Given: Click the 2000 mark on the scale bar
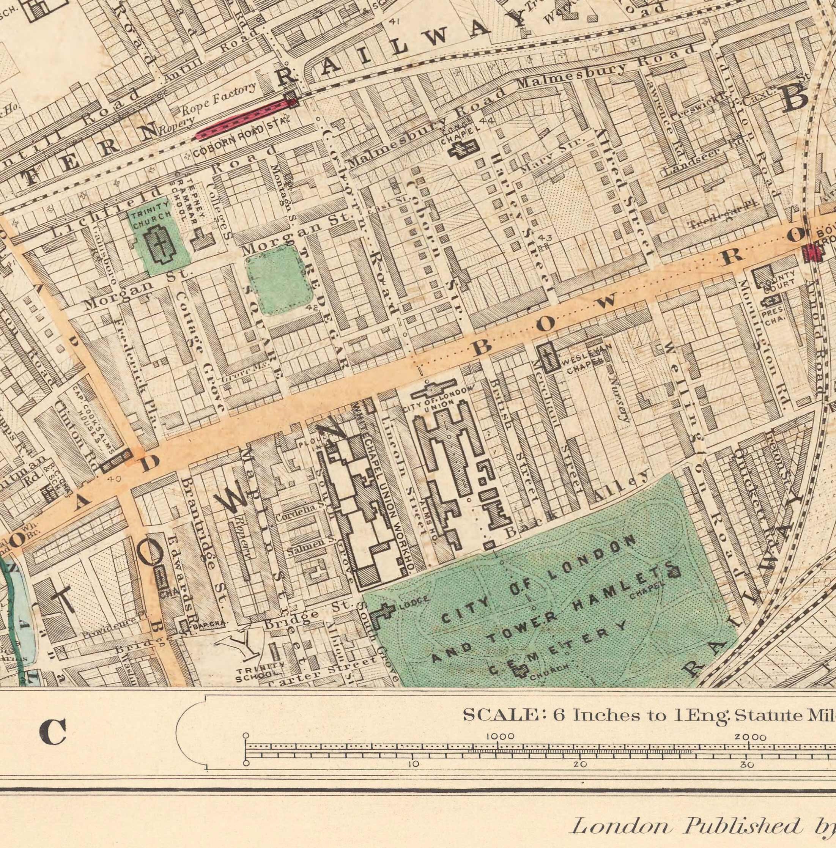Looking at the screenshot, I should pos(750,737).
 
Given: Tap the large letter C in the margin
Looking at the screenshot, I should pos(53,732).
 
